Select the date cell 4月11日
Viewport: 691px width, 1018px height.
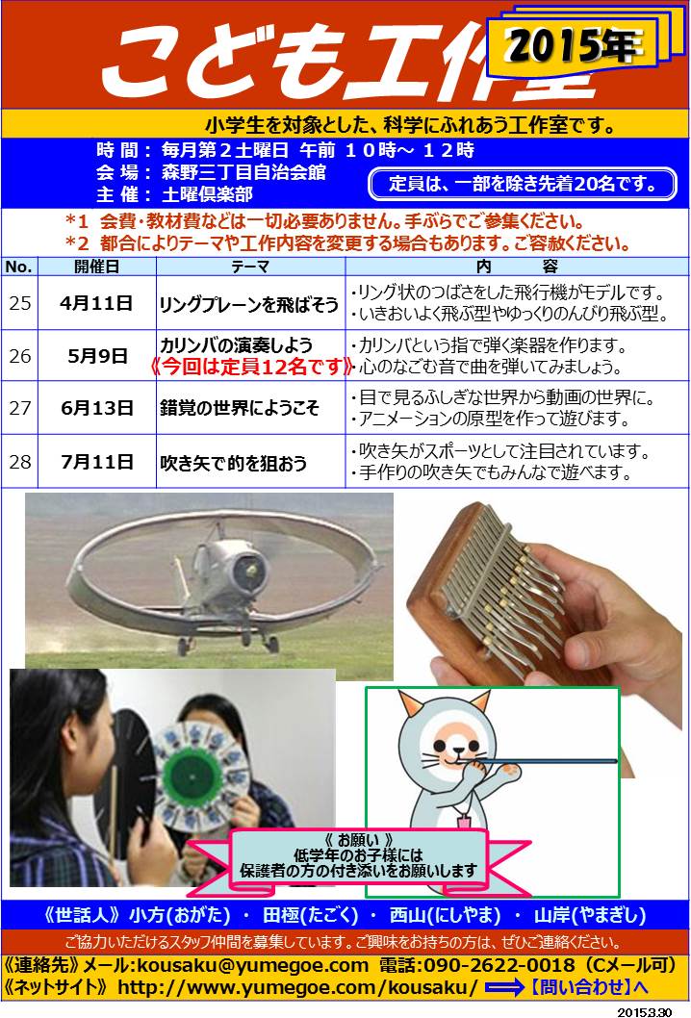coord(97,303)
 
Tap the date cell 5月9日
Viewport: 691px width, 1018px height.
coord(97,356)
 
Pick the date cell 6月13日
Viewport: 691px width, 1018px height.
coord(97,408)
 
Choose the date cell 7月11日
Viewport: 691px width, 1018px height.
coord(97,462)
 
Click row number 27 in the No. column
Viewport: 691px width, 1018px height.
coord(19,408)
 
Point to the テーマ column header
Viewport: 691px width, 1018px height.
coord(250,267)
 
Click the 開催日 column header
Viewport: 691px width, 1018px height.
coord(97,267)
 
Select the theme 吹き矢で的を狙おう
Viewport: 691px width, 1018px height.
coord(233,463)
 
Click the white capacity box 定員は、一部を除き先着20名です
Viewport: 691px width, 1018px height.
coord(523,185)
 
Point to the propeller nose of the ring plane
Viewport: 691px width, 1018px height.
coord(249,568)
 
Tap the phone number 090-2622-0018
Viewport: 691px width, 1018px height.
coord(499,965)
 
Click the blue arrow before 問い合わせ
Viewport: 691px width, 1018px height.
coord(504,988)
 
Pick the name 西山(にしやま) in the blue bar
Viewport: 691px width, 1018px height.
coord(445,915)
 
